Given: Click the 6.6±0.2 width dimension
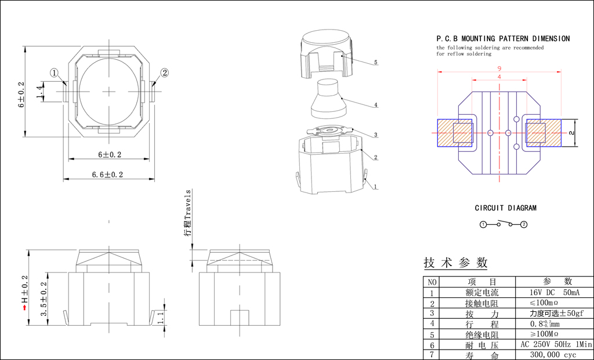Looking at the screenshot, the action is (107, 174).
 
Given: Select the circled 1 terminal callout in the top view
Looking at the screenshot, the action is (55, 72).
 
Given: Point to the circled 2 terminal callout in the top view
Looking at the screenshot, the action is (164, 72).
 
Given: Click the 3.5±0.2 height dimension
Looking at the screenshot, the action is (44, 299).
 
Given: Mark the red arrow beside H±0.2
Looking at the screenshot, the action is (25, 307).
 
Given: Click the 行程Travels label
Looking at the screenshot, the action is (187, 213).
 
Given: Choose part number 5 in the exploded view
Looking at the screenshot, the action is (376, 63).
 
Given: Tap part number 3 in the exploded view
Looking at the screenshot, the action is (376, 134).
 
